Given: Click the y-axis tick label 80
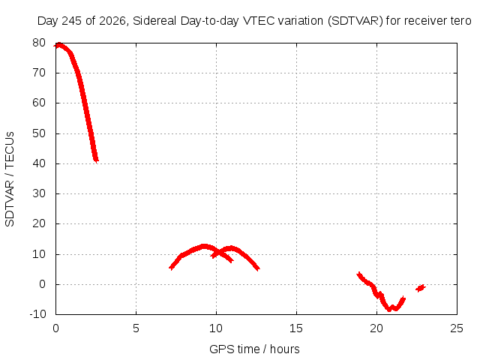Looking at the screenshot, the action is point(39,43).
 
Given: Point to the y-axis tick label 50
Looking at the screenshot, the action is point(39,133).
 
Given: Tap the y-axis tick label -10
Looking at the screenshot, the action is point(37,314).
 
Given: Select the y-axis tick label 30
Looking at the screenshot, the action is point(39,193).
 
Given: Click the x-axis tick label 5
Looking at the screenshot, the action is point(136,328).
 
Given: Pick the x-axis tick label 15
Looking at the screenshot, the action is point(296,328).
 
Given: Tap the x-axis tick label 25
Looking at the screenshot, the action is point(457,328).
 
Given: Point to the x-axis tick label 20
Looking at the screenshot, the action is point(376,328).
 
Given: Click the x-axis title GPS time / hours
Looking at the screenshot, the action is point(254,349).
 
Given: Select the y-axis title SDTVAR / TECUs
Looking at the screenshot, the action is point(10,179).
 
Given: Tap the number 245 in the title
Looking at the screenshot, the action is point(72,21).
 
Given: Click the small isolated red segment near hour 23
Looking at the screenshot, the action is point(421,288).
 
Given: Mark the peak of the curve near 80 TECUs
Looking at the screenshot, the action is point(59,45).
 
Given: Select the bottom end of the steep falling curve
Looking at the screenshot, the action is point(96,160).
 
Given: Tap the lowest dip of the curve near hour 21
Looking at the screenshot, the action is point(389,309).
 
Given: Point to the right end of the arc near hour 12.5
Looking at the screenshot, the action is point(258,268).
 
